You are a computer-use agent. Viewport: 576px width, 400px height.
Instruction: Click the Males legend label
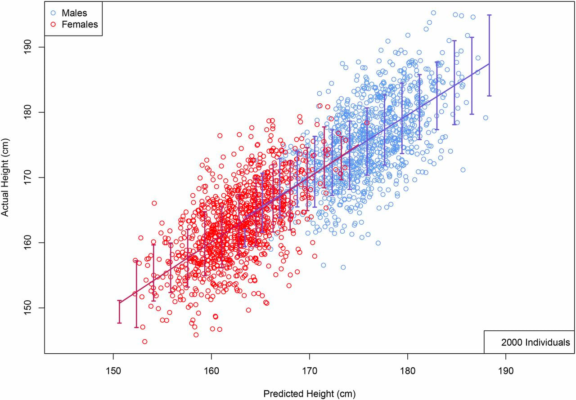click(74, 13)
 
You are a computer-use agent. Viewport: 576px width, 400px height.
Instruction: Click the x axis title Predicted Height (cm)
click(309, 394)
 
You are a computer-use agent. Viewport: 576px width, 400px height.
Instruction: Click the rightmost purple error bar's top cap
click(489, 15)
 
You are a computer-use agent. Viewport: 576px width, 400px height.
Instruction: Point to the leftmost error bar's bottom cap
click(119, 323)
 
